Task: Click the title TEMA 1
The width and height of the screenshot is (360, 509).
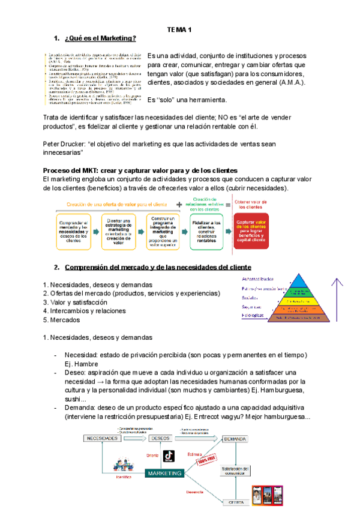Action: pyautogui.click(x=179, y=29)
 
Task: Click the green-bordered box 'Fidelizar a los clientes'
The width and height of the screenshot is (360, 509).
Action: pyautogui.click(x=206, y=232)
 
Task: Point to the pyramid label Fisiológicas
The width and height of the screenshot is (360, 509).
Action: pyautogui.click(x=253, y=315)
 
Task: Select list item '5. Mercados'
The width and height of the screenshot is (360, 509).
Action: pyautogui.click(x=65, y=320)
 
